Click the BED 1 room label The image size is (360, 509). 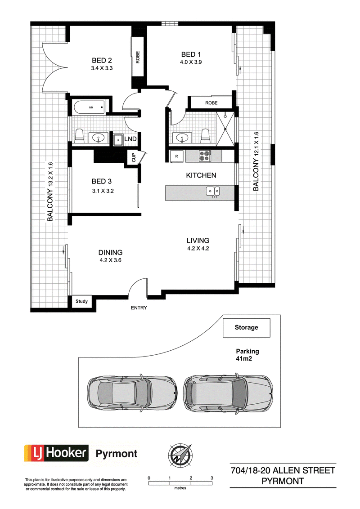click(x=191, y=54)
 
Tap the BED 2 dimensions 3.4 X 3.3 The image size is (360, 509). click(x=102, y=68)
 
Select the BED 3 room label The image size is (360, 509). click(x=102, y=182)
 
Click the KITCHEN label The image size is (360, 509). click(x=201, y=175)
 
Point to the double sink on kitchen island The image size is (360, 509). click(x=213, y=191)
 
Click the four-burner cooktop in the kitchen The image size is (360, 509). click(x=205, y=156)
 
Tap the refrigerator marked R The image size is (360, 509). click(x=176, y=156)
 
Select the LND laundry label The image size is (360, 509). click(x=130, y=139)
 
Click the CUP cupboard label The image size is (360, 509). click(x=133, y=158)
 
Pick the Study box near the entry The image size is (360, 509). click(x=81, y=301)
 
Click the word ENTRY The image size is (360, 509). click(x=139, y=308)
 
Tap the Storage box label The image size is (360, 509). click(x=246, y=327)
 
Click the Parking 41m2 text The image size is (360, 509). click(x=247, y=355)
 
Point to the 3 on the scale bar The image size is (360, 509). click(x=212, y=478)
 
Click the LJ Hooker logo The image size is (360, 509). click(x=56, y=453)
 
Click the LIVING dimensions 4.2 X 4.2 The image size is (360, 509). click(x=198, y=248)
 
